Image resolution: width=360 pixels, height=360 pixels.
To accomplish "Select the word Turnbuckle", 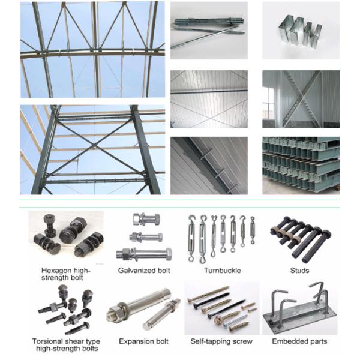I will [222, 271].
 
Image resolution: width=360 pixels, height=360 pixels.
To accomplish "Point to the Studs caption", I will [299, 271].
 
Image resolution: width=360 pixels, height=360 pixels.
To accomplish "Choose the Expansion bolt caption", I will [143, 341].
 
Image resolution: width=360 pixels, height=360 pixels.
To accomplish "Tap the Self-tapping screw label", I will [221, 341].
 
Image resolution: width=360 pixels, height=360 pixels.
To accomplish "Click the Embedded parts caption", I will [299, 341].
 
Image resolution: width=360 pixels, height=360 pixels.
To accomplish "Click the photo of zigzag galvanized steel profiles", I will [300, 30].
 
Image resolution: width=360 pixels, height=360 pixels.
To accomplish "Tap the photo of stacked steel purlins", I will [300, 166].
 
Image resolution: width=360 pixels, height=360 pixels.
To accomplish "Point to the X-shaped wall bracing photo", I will [300, 98].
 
